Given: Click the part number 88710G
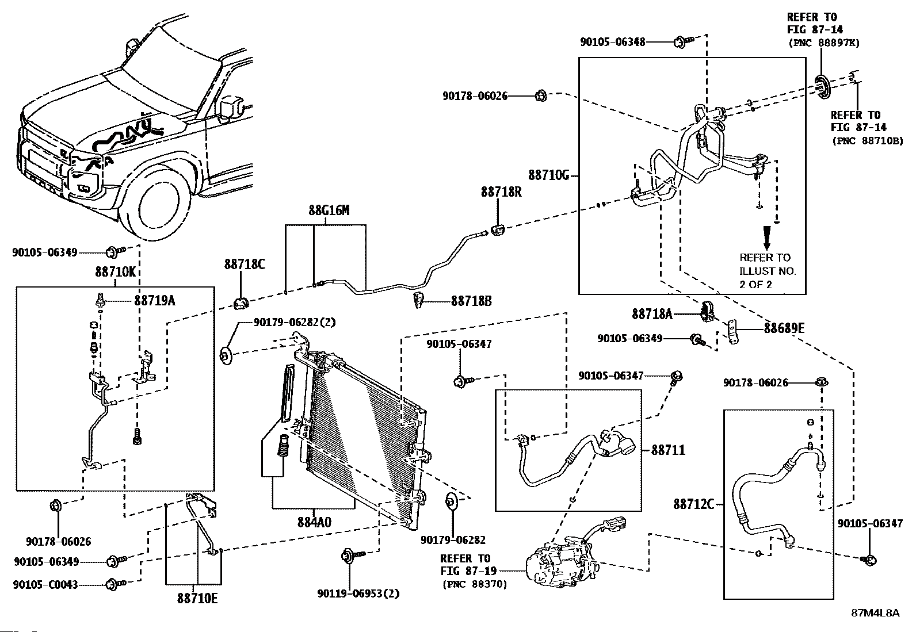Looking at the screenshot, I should click(x=548, y=175).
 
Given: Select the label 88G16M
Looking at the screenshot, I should click(x=329, y=210).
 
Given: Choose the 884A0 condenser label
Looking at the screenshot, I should click(x=314, y=522).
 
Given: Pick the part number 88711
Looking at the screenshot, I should click(x=668, y=450).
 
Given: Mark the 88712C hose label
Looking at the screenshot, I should click(x=693, y=504).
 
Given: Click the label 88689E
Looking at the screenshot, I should click(x=784, y=329).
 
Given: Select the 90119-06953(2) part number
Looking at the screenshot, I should click(x=358, y=593).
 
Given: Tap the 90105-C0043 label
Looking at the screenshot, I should click(x=46, y=585).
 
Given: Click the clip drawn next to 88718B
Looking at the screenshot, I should click(x=418, y=300).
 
